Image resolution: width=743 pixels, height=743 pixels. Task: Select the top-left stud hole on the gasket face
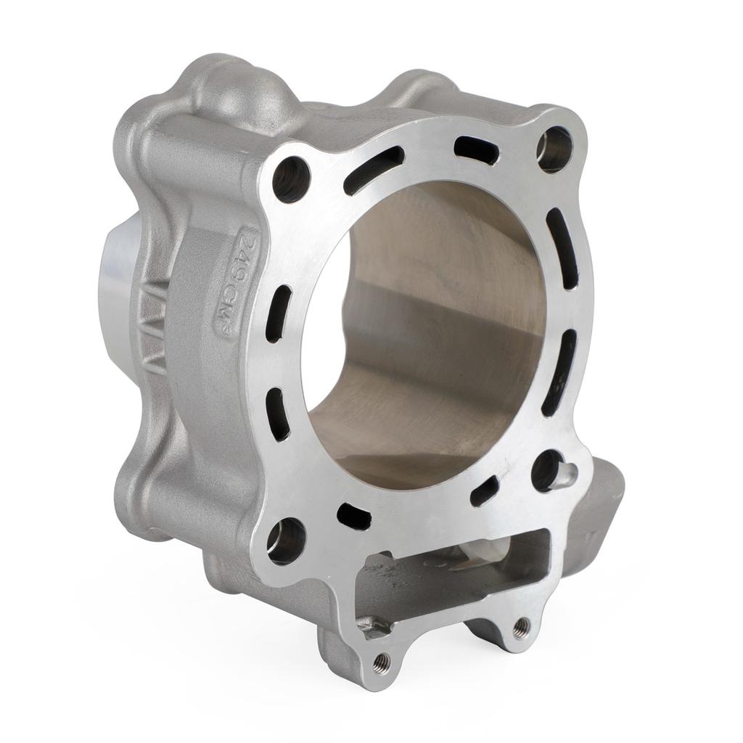pyautogui.click(x=291, y=178)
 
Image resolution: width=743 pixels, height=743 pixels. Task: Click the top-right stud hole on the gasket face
pyautogui.click(x=554, y=149)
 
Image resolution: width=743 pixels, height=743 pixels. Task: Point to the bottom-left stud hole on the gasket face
pyautogui.click(x=286, y=540)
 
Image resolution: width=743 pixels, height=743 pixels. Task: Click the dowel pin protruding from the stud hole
pyautogui.click(x=565, y=473)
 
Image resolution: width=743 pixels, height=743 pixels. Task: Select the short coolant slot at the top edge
pyautogui.click(x=477, y=149)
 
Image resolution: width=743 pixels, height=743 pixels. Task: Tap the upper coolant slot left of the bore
pyautogui.click(x=279, y=313)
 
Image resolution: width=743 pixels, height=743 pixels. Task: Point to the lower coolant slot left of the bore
pyautogui.click(x=278, y=414)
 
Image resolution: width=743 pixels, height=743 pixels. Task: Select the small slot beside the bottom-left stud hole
pyautogui.click(x=354, y=516)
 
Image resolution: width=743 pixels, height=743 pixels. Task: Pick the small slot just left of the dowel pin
pyautogui.click(x=484, y=491)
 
